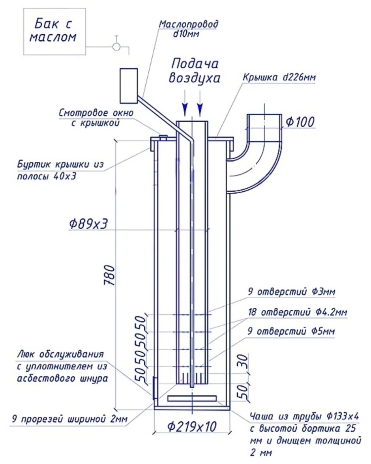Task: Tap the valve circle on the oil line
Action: (116, 47)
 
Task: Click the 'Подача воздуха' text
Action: (194, 71)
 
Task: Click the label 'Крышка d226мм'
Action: (279, 77)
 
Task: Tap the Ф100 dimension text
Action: (300, 122)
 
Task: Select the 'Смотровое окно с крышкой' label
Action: (96, 118)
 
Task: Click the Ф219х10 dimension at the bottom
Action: (192, 426)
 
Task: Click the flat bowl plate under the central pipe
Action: (192, 399)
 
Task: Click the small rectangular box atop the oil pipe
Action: (128, 84)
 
